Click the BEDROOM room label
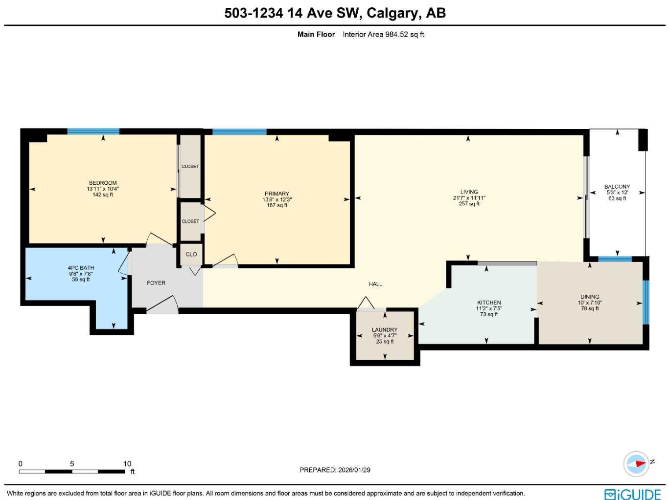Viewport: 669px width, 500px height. [x=103, y=183]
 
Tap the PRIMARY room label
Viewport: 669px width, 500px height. [x=277, y=194]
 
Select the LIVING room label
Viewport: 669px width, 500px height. [x=469, y=192]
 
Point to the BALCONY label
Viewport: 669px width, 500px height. [x=617, y=187]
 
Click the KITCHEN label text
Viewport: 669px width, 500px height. [x=489, y=303]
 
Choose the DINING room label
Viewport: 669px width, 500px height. [x=590, y=297]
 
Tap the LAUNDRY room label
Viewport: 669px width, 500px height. [x=385, y=330]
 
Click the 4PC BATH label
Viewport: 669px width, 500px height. [x=81, y=268]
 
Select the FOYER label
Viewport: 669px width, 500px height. [x=156, y=283]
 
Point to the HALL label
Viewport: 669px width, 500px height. [x=375, y=284]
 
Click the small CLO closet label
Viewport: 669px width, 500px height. [x=191, y=254]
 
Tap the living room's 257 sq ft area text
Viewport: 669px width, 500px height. [x=469, y=204]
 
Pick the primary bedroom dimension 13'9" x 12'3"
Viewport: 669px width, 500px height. [x=277, y=199]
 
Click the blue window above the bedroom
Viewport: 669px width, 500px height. [x=93, y=131]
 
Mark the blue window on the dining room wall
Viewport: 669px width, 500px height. [x=646, y=302]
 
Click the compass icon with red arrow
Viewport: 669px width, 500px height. [x=636, y=464]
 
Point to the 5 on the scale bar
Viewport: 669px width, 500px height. [x=72, y=464]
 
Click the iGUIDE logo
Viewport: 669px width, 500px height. [x=632, y=494]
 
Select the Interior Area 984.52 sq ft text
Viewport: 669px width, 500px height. [x=383, y=34]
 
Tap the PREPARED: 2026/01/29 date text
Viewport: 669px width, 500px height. [x=335, y=470]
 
